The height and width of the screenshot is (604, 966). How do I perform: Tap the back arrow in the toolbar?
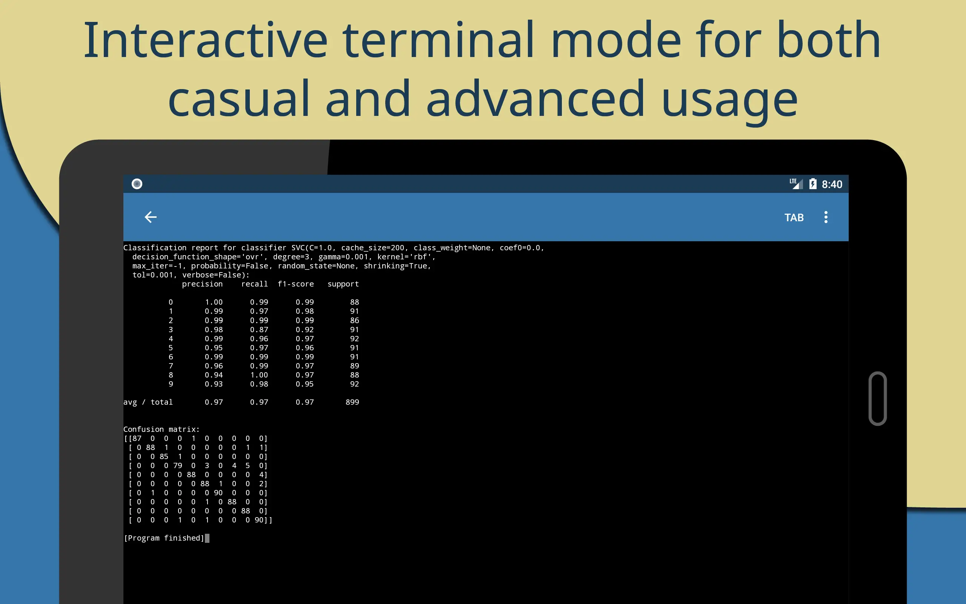[151, 217]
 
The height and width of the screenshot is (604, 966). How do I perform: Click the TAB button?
[794, 217]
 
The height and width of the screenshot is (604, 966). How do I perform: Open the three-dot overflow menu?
[826, 217]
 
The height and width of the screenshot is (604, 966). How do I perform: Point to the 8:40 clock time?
[832, 184]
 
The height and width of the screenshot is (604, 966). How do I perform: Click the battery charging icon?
[813, 184]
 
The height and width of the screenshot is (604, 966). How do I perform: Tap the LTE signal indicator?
[796, 184]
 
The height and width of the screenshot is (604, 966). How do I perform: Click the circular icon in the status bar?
[137, 184]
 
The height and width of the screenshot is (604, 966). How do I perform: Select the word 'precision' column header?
[202, 284]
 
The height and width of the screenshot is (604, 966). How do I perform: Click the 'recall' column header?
[254, 284]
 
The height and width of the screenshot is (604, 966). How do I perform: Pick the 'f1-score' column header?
[296, 284]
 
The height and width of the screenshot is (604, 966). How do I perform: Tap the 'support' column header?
[343, 284]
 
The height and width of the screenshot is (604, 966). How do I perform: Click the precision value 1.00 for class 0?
[214, 302]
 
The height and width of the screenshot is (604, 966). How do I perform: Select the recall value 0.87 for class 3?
[259, 330]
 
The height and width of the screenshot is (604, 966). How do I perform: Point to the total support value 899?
[352, 402]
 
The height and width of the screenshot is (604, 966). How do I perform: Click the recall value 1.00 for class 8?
[259, 375]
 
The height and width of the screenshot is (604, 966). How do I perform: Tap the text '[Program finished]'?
[164, 538]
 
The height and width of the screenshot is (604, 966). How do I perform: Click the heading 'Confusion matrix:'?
[161, 429]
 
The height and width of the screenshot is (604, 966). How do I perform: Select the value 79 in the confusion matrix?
[178, 465]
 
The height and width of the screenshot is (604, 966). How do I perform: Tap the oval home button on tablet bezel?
[878, 399]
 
